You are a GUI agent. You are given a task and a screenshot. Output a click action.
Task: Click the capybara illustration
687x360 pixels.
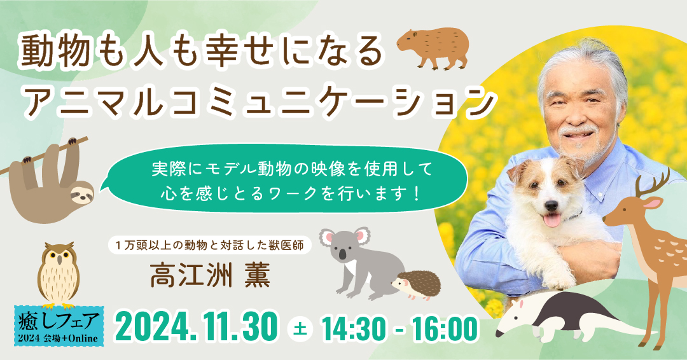pos(433,47)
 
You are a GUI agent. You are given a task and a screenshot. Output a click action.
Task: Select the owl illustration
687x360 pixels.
pos(59,273)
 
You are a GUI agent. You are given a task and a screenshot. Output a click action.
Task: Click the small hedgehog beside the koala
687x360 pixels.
pos(416,285)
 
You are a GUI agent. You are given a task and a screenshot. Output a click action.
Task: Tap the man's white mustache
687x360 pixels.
pos(579,130)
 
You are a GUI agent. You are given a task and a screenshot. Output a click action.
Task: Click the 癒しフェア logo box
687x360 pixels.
pos(59,326)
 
